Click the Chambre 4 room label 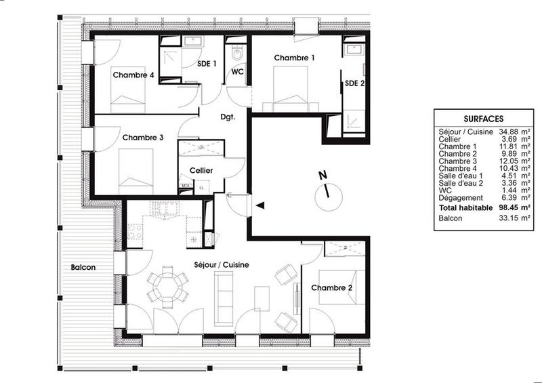pyautogui.click(x=133, y=75)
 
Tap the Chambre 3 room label pyautogui.click(x=143, y=138)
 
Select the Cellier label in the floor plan pyautogui.click(x=201, y=171)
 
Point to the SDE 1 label pyautogui.click(x=207, y=64)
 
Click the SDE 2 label pyautogui.click(x=354, y=83)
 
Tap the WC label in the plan pyautogui.click(x=238, y=71)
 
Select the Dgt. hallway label pyautogui.click(x=228, y=117)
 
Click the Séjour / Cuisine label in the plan pyautogui.click(x=214, y=265)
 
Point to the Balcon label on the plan pyautogui.click(x=83, y=267)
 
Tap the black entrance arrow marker pyautogui.click(x=259, y=205)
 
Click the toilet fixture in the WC pyautogui.click(x=238, y=54)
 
